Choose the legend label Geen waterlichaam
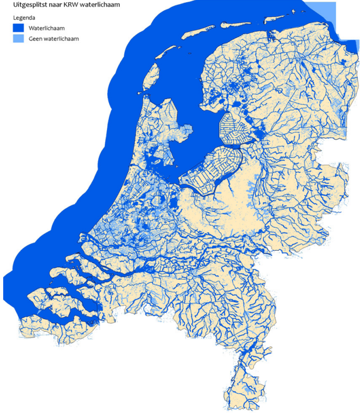(54, 39)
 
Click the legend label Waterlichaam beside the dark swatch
(47, 28)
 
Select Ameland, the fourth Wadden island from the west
(236, 24)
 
